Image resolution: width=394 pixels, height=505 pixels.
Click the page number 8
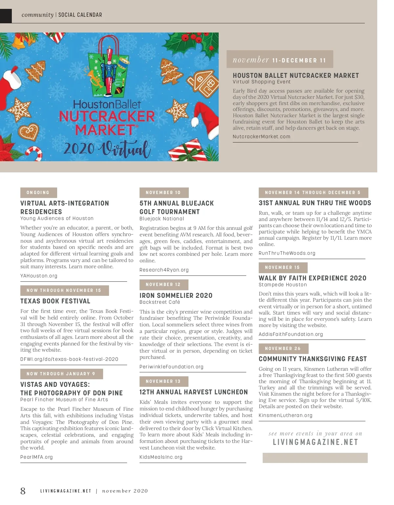pyautogui.click(x=23, y=491)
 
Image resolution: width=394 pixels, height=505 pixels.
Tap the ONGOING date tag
pyautogui.click(x=38, y=193)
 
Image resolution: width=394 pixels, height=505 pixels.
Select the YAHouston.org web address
pyautogui.click(x=39, y=276)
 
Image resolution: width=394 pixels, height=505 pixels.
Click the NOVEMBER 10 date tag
pyautogui.click(x=164, y=193)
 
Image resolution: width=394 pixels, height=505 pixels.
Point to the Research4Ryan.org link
pyautogui.click(x=164, y=270)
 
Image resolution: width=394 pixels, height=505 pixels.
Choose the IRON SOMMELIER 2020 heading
pyautogui.click(x=176, y=296)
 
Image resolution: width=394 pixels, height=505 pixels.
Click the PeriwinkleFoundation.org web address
pyautogui.click(x=171, y=367)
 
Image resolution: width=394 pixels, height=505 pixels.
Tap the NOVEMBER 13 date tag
pyautogui.click(x=164, y=382)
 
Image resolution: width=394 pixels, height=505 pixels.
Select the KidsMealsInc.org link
pyautogui.click(x=161, y=457)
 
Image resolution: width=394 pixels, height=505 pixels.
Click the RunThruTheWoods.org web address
pyautogui.click(x=287, y=253)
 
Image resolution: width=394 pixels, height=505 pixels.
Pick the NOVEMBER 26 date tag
pyautogui.click(x=283, y=349)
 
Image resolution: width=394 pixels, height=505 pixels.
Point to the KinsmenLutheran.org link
pyautogui.click(x=286, y=415)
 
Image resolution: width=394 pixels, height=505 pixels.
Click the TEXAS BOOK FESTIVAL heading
pyautogui.click(x=55, y=301)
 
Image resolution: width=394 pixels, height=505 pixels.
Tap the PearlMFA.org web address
pyautogui.click(x=36, y=457)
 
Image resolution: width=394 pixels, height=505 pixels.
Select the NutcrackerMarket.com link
pyautogui.click(x=261, y=137)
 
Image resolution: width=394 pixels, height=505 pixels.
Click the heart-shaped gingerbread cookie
pyautogui.click(x=29, y=132)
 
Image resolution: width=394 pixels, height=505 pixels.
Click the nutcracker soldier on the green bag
pyautogui.click(x=109, y=71)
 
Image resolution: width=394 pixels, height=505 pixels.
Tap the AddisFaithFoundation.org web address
pyautogui.click(x=291, y=334)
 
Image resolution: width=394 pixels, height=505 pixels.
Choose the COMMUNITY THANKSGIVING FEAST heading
pyautogui.click(x=313, y=359)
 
